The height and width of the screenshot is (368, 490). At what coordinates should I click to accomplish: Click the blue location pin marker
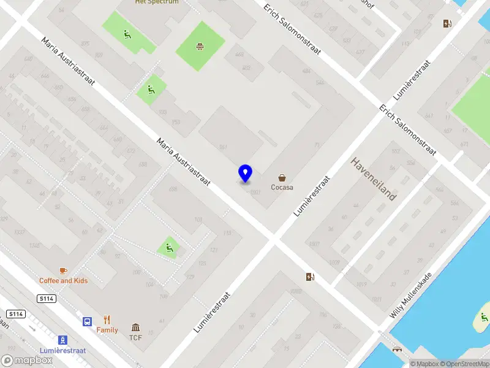[246, 173]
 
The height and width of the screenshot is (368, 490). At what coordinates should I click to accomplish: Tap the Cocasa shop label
[282, 188]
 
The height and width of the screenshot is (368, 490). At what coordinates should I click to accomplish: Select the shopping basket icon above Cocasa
[282, 177]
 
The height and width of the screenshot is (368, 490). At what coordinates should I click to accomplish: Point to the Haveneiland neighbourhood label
[374, 178]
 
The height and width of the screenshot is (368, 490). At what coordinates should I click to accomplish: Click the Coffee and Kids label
[64, 281]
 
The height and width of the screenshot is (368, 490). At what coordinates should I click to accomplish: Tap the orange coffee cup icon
[63, 270]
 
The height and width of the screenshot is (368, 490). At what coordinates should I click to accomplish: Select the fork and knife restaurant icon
[107, 320]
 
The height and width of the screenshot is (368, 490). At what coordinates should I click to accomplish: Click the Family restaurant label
[107, 330]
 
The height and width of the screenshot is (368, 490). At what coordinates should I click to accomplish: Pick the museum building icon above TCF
[135, 328]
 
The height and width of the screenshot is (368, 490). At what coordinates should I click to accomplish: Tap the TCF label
[135, 337]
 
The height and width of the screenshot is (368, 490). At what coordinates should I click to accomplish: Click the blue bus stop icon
[88, 321]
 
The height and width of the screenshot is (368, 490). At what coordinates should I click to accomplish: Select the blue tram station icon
[62, 340]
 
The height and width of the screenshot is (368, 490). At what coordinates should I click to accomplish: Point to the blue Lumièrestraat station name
[62, 350]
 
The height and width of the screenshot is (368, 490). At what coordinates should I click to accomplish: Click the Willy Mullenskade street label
[410, 295]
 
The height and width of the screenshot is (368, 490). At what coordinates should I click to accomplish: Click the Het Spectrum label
[157, 2]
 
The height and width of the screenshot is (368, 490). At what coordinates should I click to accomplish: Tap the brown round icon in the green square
[200, 46]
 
